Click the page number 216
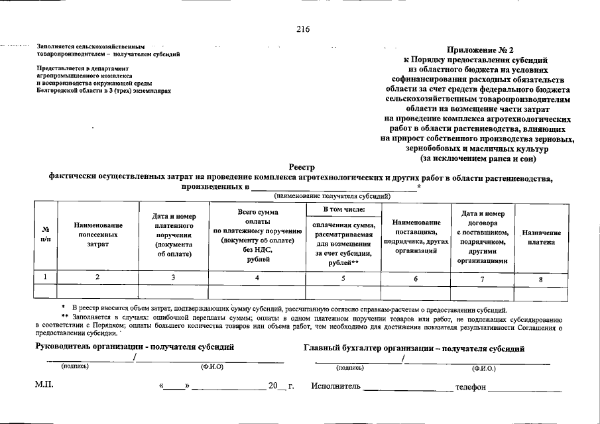[x=303, y=28]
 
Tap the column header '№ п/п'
[x=45, y=235]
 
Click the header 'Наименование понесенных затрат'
[x=98, y=235]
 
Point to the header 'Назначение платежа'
[x=541, y=238]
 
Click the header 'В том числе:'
[x=343, y=210]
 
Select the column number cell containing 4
[x=257, y=278]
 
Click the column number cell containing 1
[x=45, y=278]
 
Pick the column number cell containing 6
[x=416, y=279]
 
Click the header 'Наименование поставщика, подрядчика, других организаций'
[x=416, y=237]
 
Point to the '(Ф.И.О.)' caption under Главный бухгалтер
[x=483, y=368]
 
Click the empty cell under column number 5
[x=343, y=291]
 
